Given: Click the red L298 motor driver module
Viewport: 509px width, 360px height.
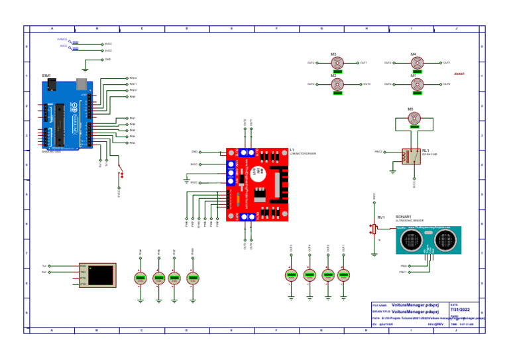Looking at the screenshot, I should (258, 184).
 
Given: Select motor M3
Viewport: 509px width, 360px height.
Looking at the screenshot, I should (337, 63).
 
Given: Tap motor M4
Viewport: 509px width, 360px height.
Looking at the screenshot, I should (416, 63).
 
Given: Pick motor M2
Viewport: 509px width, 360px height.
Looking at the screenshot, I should (337, 85).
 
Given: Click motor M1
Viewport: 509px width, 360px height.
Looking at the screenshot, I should (416, 85).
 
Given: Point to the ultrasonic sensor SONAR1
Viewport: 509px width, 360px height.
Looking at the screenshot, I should (428, 240).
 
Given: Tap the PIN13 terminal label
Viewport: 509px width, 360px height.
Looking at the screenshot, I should (133, 78).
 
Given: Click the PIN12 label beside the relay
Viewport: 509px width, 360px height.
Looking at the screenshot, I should (378, 152).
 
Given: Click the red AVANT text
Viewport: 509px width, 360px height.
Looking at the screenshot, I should (459, 74).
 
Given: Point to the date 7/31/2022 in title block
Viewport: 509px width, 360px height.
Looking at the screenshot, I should (460, 310).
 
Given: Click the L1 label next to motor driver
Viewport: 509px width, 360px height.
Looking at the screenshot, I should (292, 150).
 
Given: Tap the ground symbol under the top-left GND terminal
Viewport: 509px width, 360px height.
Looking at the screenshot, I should (85, 69).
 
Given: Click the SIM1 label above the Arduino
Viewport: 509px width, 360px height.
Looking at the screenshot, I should (46, 76).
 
